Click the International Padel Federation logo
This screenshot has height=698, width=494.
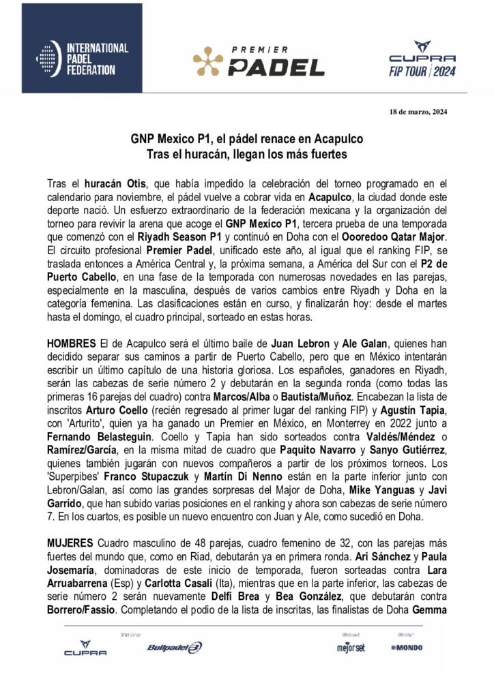click(82, 58)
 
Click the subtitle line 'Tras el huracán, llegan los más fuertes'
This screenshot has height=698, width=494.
click(246, 154)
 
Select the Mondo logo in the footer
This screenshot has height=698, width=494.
click(407, 646)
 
